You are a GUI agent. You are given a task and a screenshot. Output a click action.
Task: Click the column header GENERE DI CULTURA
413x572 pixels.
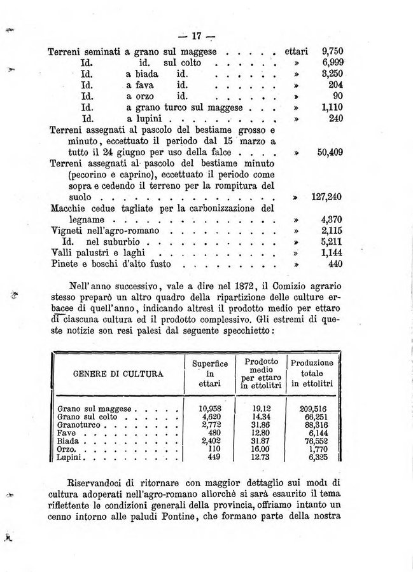pos(118,373)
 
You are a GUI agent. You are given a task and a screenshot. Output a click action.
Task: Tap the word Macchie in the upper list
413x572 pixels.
pos(67,207)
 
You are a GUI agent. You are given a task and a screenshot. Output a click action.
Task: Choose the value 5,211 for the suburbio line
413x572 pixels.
pos(328,242)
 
